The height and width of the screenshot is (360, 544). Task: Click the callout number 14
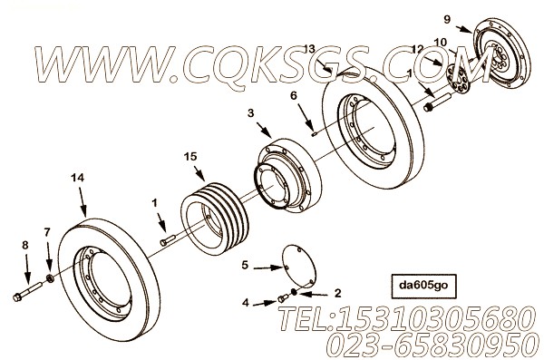click(x=78, y=178)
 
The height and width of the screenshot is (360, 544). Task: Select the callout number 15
click(x=190, y=157)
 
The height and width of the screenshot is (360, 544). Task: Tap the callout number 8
click(x=25, y=245)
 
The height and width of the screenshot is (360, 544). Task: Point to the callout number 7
click(x=47, y=232)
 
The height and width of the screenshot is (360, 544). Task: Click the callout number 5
click(x=245, y=266)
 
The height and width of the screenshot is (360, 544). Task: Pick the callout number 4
click(x=246, y=303)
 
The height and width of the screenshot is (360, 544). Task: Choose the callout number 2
click(x=337, y=293)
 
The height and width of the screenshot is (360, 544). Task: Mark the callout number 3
click(x=250, y=113)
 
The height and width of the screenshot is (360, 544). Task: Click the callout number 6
click(x=294, y=95)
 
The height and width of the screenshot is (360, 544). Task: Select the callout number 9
click(x=447, y=19)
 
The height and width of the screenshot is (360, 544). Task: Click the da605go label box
click(x=423, y=287)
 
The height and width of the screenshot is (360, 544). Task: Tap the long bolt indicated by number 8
click(x=27, y=291)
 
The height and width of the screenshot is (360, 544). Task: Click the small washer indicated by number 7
click(x=50, y=278)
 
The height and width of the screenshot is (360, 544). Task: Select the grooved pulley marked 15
click(x=215, y=219)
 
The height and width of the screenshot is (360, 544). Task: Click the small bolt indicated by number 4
click(x=283, y=298)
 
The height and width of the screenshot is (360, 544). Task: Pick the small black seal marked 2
click(x=294, y=292)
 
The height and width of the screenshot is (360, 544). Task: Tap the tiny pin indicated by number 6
click(x=315, y=133)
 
